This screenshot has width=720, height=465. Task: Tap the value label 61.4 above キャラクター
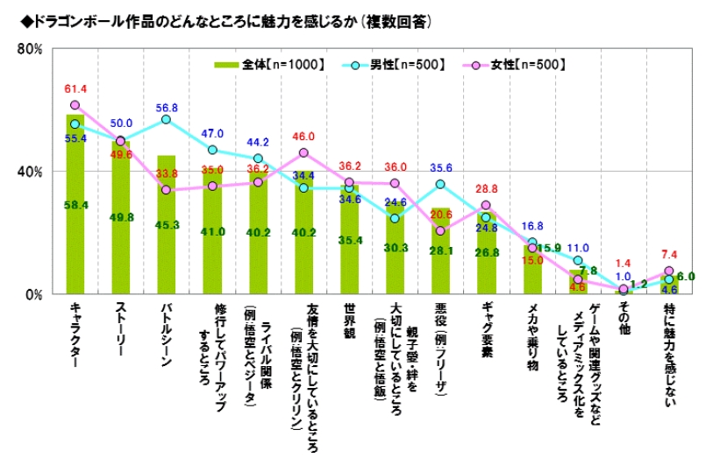pos(75,89)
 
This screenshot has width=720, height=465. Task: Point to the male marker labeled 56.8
pos(166,119)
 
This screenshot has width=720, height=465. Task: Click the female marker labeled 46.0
pos(303,152)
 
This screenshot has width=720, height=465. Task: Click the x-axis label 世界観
pos(349,323)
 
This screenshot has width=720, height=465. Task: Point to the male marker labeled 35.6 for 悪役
pos(440,184)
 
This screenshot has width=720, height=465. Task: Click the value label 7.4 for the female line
pos(669,255)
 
